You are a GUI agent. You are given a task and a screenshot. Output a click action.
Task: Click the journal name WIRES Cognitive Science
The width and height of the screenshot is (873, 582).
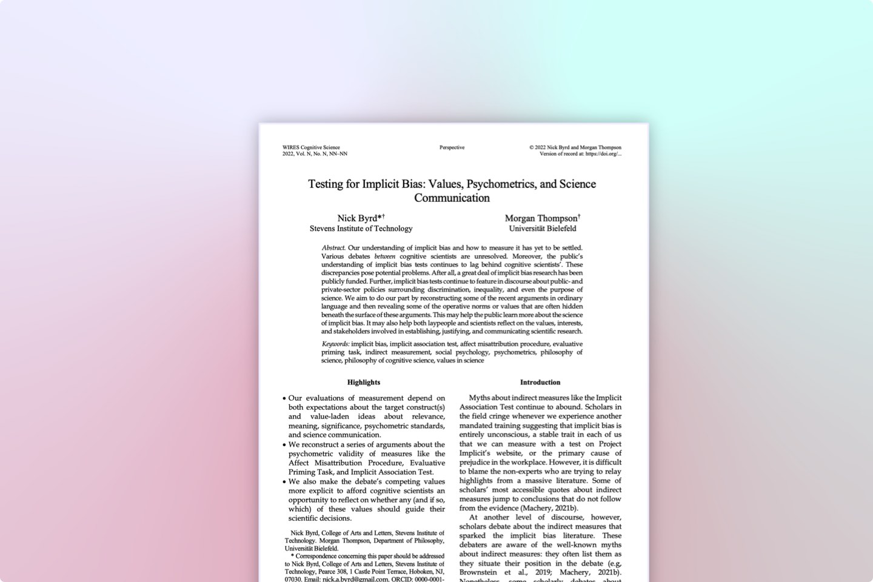point(311,147)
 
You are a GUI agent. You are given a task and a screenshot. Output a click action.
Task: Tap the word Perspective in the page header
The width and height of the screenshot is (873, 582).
point(452,147)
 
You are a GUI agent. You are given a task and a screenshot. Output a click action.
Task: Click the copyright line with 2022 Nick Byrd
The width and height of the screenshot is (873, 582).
point(575,147)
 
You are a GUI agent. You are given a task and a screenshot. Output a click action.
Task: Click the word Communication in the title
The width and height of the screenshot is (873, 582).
point(452,198)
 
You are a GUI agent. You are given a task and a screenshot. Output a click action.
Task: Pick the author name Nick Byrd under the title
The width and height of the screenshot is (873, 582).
point(357,218)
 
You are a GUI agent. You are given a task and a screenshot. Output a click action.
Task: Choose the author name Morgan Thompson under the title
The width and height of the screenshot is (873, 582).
point(541,218)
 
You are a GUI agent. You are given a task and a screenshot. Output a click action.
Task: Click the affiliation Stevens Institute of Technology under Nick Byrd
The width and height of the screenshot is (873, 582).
point(361,229)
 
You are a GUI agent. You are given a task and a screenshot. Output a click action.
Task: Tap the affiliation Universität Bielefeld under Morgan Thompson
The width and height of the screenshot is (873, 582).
point(543,229)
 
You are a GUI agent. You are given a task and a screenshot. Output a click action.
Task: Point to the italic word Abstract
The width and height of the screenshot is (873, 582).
point(333,247)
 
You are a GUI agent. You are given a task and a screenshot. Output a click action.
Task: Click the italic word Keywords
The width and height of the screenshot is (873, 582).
point(335,344)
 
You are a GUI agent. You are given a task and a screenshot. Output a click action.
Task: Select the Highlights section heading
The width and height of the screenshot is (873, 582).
point(364,382)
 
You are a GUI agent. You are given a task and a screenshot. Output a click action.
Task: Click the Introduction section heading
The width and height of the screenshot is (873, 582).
point(540,382)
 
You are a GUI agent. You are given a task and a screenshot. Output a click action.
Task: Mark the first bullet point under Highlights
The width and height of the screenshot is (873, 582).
point(284,398)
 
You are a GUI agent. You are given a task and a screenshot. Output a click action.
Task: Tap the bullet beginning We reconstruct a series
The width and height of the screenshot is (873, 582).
point(284,444)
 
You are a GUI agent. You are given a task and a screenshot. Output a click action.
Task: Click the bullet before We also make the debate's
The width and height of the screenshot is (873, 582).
point(284,481)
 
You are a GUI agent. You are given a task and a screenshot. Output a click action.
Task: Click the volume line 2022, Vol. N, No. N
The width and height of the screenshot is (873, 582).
point(315,154)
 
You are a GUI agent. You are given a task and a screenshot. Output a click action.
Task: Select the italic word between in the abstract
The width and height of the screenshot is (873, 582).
point(384,256)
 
